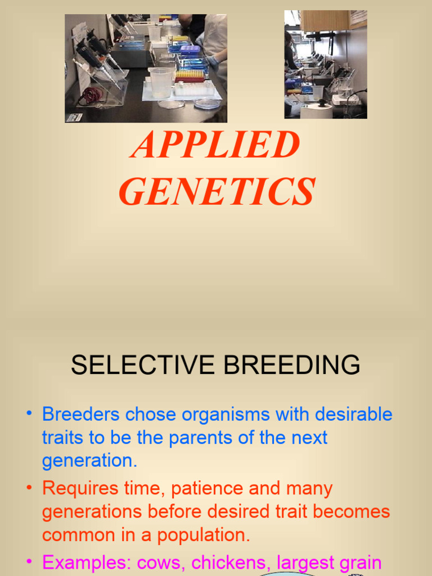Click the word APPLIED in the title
215,145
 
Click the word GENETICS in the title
217,191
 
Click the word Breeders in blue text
81,415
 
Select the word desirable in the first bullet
353,415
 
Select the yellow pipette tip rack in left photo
190,75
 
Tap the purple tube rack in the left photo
190,49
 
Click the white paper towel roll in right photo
316,110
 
